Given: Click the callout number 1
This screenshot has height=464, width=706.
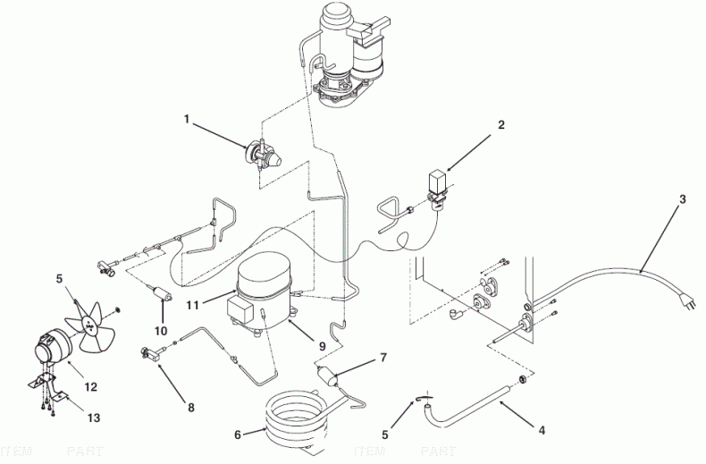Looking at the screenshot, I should tap(187, 118).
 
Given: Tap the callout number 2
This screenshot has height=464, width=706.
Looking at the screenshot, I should tap(501, 125).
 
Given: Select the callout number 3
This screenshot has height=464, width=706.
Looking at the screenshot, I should tap(682, 199).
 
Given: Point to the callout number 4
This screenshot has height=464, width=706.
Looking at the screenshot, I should tap(541, 429).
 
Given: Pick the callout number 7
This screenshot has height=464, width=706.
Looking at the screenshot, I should tap(383, 358).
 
